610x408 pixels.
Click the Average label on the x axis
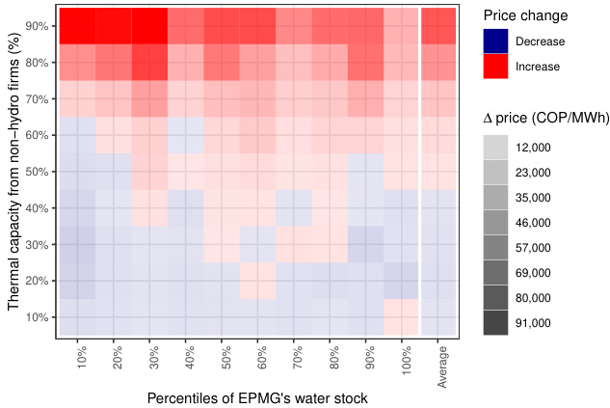click(x=442, y=366)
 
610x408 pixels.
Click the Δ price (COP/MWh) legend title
click(x=544, y=118)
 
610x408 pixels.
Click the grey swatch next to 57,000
click(x=497, y=248)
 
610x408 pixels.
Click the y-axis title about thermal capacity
click(x=13, y=182)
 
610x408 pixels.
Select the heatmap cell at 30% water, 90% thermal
click(x=149, y=26)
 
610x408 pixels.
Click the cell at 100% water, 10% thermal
click(x=402, y=317)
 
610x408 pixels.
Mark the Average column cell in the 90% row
click(x=439, y=26)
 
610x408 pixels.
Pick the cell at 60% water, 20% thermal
click(x=257, y=281)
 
